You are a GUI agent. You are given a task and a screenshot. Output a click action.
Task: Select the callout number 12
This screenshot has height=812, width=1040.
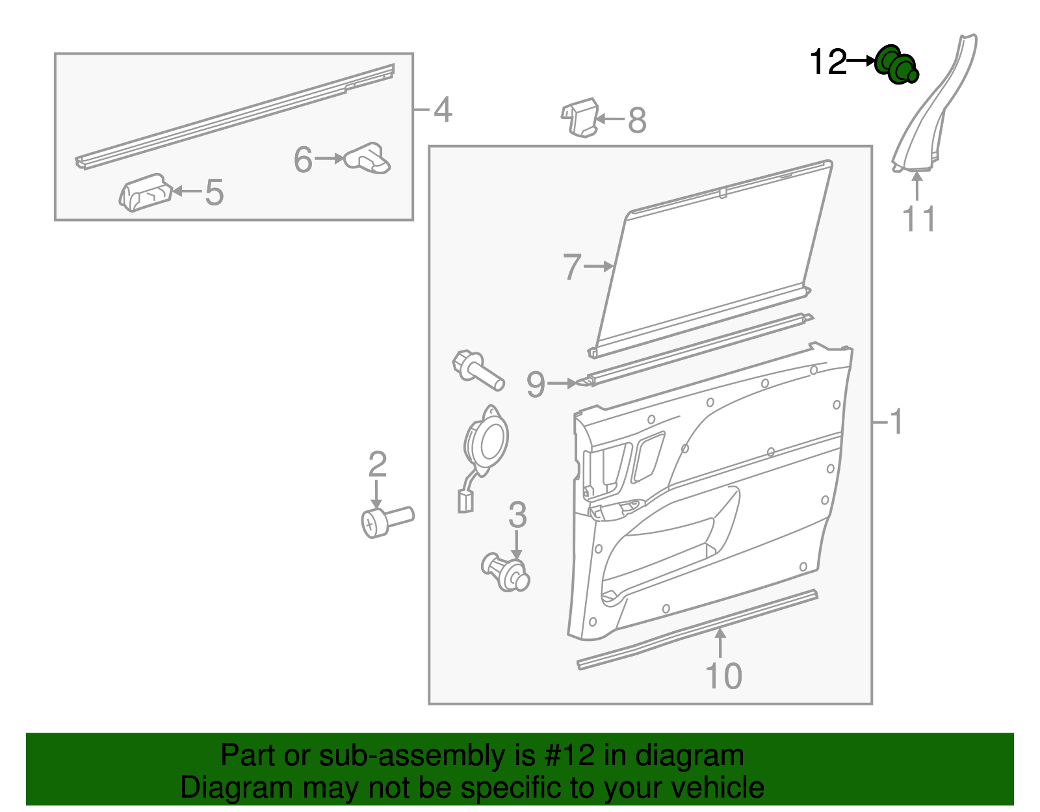828,62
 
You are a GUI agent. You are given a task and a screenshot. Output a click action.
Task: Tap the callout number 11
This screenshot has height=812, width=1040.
918,219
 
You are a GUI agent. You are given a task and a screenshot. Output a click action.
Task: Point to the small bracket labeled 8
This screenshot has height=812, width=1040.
580,118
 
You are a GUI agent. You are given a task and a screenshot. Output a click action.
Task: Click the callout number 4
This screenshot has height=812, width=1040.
443,110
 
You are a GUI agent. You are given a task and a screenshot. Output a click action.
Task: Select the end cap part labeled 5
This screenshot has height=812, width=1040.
146,193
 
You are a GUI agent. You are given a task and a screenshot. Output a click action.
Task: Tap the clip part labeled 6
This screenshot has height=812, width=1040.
367,159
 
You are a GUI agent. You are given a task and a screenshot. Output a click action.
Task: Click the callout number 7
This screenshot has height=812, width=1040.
571,267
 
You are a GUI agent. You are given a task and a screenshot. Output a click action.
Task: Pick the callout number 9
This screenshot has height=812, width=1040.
536,384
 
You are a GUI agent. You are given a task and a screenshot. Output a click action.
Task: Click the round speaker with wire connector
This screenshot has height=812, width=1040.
484,443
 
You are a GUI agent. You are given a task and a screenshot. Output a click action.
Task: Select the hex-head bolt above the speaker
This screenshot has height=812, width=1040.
478,370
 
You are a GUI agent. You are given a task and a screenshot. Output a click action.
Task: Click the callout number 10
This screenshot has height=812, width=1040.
723,676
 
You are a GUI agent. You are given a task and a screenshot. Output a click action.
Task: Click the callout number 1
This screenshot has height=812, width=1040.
896,422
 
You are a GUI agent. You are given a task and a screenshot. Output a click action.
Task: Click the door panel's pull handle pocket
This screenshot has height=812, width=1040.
669,546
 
